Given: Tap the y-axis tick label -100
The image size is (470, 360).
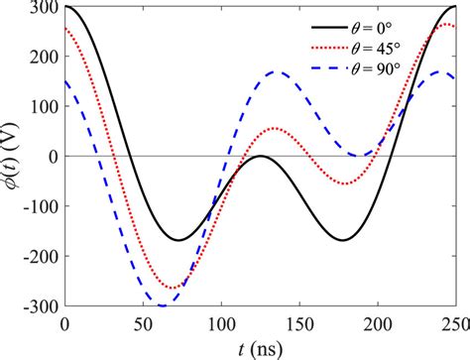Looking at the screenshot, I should coord(41,206).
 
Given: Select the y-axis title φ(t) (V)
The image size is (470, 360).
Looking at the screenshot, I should coord(13,156).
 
